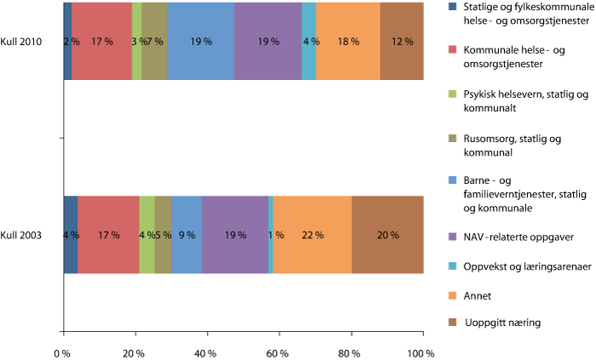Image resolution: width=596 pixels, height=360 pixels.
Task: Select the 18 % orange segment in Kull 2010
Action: click(347, 42)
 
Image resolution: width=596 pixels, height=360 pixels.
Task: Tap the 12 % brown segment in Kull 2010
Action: click(402, 42)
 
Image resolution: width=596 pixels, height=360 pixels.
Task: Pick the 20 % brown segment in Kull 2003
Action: click(387, 234)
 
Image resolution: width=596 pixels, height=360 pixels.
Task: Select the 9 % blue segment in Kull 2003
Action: click(187, 234)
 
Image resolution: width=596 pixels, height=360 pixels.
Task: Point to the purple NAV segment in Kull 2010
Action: click(268, 42)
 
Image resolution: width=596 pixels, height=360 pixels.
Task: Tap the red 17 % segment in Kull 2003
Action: click(108, 234)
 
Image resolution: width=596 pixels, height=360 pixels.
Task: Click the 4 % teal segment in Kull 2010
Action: click(309, 42)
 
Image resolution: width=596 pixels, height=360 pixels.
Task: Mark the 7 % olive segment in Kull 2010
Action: click(154, 42)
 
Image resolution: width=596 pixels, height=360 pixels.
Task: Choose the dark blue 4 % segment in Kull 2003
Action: click(71, 234)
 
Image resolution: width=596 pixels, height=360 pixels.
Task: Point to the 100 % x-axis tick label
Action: click(422, 352)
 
